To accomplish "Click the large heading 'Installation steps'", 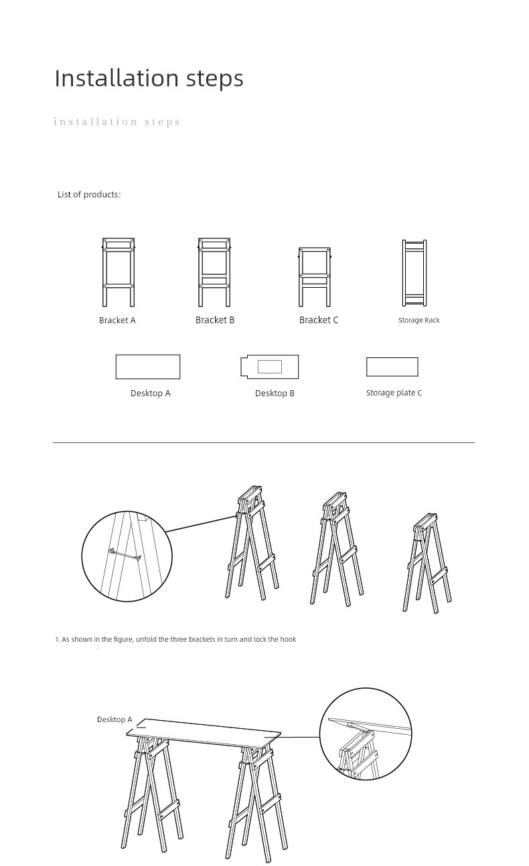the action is (149, 78).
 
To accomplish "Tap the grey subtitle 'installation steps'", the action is (117, 122).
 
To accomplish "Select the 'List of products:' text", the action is (89, 195).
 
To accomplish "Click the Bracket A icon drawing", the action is (119, 272).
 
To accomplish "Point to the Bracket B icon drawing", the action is (214, 272).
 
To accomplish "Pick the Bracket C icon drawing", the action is (315, 277).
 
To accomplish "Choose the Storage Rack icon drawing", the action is (414, 273).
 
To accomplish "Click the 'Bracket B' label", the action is (215, 320).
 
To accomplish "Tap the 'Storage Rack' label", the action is (419, 320).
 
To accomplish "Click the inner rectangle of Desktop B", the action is (270, 367).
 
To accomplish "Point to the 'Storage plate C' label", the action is (394, 393).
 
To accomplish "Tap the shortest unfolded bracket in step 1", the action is (427, 563).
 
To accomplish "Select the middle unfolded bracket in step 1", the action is (337, 549).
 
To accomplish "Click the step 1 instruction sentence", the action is (175, 639).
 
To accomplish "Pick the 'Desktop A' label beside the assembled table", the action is (115, 719).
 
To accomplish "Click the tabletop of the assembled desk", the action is (204, 733).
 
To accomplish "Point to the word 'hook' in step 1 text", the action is (288, 639).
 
